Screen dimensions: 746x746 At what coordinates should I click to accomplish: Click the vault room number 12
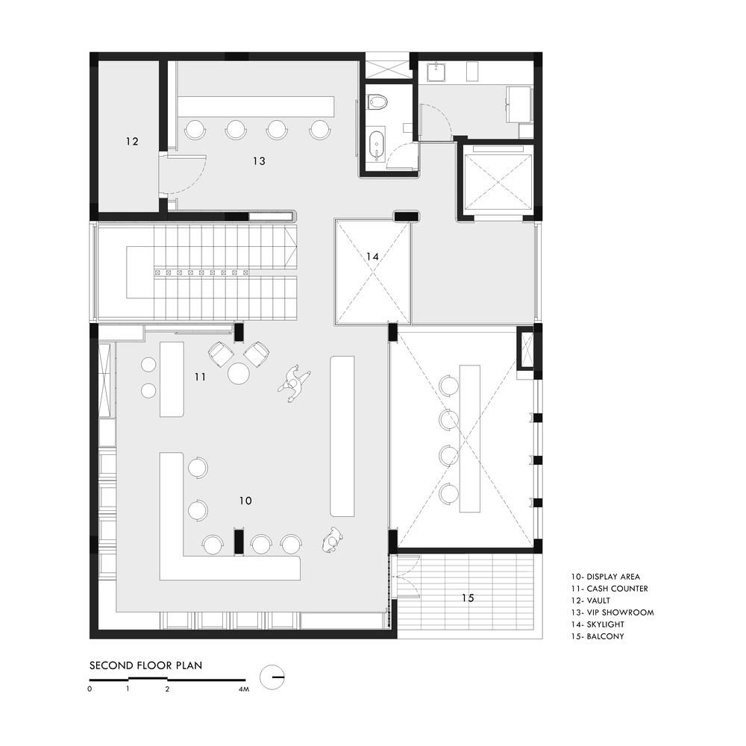[132, 141]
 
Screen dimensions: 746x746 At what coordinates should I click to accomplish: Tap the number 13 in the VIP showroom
[260, 161]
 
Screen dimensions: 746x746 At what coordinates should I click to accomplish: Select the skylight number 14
[372, 257]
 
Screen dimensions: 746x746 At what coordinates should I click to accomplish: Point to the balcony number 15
[468, 598]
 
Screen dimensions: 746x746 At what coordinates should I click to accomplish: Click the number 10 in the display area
[245, 501]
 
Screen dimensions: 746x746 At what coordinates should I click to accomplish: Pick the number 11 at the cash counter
[200, 377]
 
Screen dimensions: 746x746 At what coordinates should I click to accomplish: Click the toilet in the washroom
[378, 101]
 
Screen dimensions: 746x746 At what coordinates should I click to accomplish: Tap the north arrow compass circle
[272, 677]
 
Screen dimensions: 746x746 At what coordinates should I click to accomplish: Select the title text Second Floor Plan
[146, 665]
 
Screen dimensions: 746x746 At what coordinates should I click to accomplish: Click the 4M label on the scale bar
[244, 689]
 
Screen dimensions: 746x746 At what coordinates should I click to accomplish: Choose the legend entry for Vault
[591, 601]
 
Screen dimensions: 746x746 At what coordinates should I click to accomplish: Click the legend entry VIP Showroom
[612, 612]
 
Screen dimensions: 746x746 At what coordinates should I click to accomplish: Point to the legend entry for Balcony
[598, 636]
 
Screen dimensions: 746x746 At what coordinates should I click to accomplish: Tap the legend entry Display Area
[606, 577]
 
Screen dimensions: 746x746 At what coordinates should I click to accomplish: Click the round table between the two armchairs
[239, 374]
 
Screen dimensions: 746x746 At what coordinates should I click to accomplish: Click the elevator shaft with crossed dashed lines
[497, 182]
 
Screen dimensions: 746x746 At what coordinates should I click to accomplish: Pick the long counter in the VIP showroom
[256, 107]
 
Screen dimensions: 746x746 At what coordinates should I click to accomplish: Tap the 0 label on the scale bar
[90, 689]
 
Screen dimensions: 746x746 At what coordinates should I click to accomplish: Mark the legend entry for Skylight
[598, 624]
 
